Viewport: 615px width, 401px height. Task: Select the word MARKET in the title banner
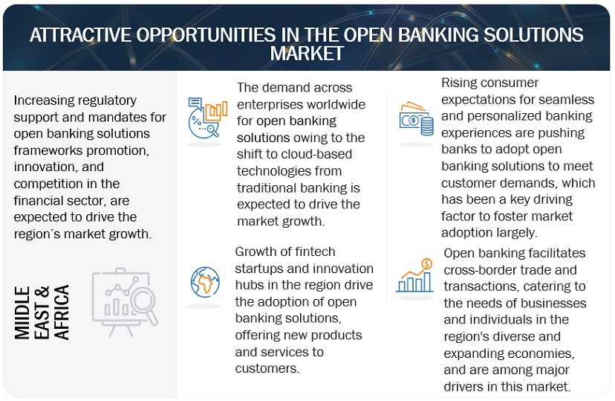click(x=307, y=53)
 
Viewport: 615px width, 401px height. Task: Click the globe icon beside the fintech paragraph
click(x=204, y=282)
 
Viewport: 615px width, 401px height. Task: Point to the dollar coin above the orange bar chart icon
click(x=426, y=264)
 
